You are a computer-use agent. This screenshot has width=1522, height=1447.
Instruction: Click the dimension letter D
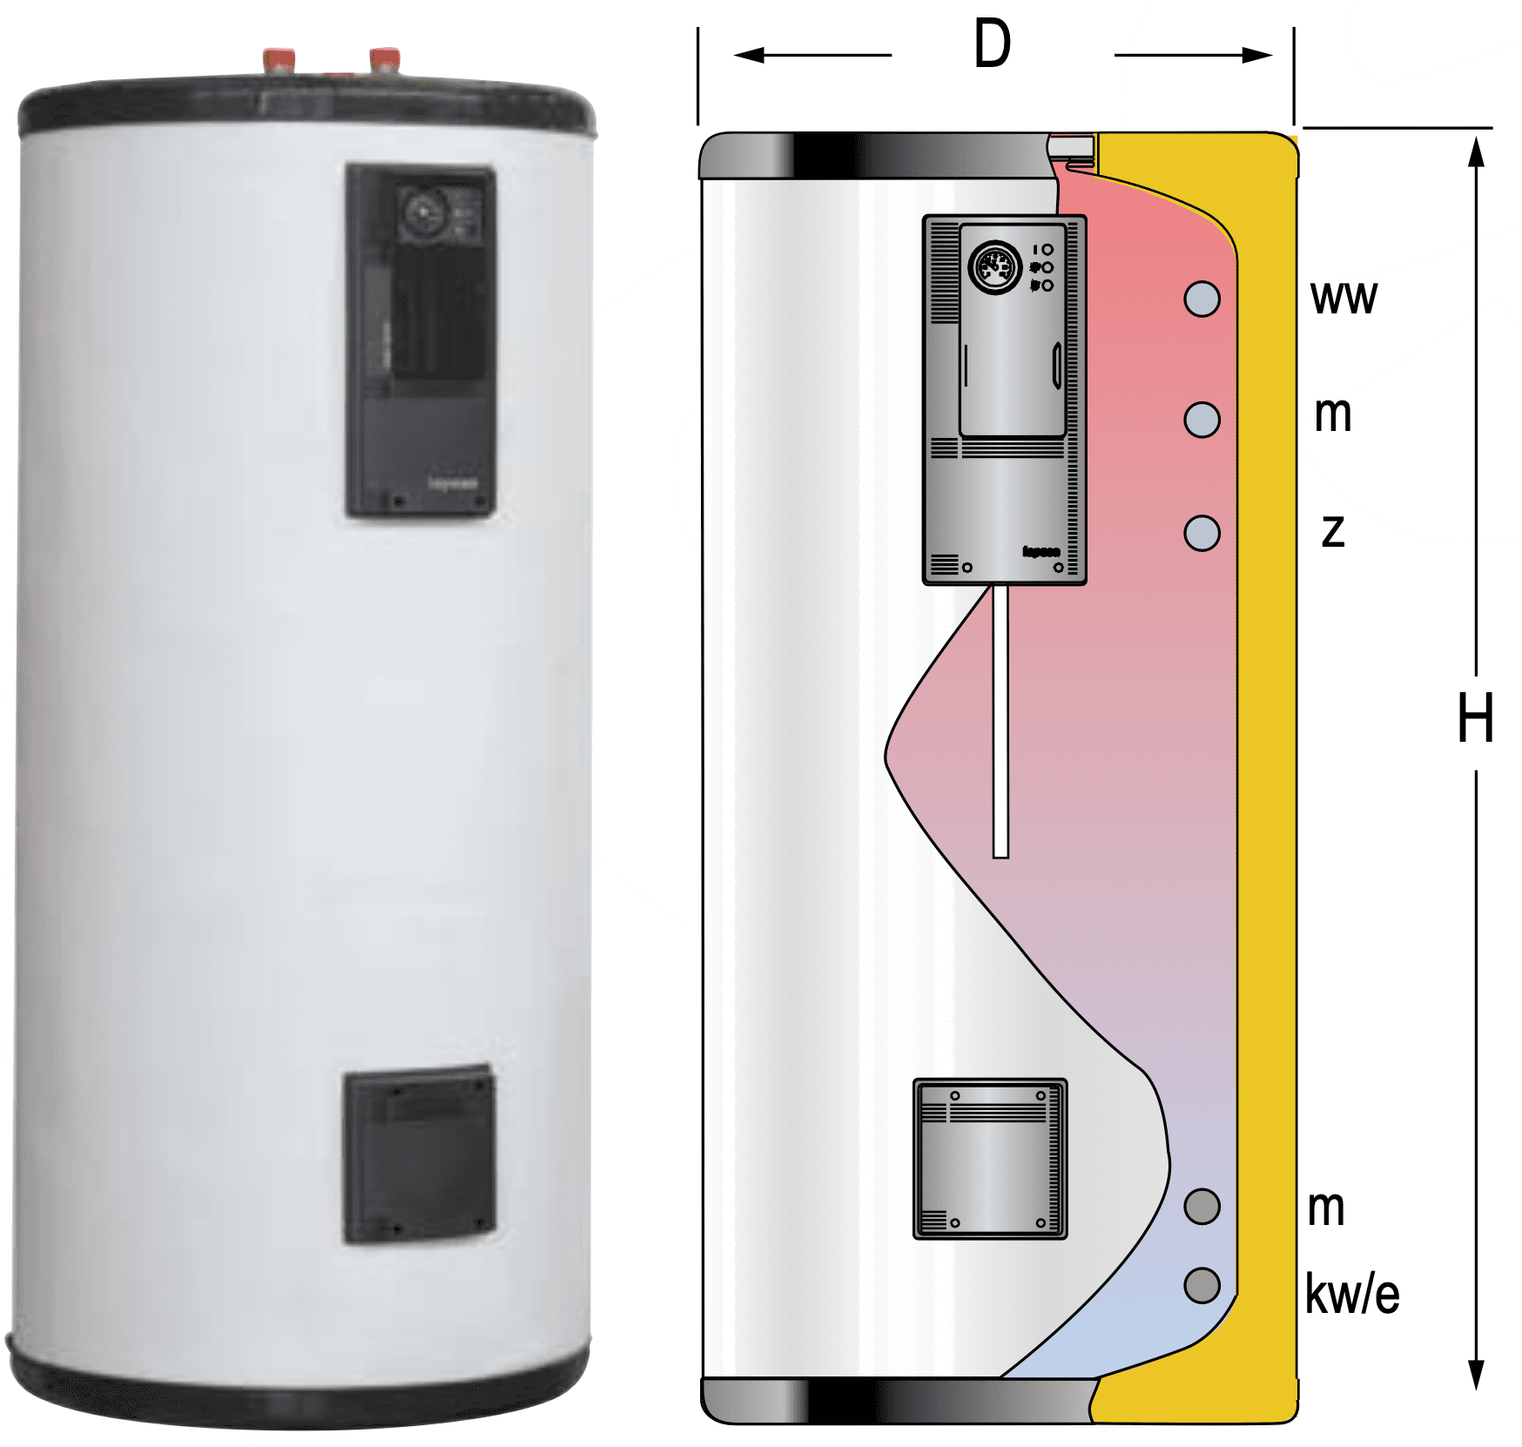pyautogui.click(x=993, y=45)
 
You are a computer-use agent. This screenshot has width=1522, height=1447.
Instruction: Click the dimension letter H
pyautogui.click(x=1475, y=719)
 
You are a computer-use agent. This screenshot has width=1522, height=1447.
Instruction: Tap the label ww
pyautogui.click(x=1344, y=299)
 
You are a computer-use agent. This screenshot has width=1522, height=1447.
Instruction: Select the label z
pyautogui.click(x=1333, y=530)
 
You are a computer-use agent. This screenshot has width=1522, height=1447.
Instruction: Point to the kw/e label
pyautogui.click(x=1351, y=1295)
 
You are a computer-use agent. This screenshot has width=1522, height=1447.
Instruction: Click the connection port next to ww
pyautogui.click(x=1202, y=299)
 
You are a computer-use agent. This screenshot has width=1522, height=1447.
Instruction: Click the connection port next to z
pyautogui.click(x=1202, y=533)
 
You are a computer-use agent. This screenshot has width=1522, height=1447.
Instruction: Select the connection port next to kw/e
pyautogui.click(x=1202, y=1285)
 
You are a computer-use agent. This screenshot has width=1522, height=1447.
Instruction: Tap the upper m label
pyautogui.click(x=1333, y=415)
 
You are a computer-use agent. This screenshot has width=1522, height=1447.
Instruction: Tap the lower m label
pyautogui.click(x=1326, y=1209)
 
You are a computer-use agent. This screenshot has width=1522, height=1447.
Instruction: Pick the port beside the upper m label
pyautogui.click(x=1202, y=420)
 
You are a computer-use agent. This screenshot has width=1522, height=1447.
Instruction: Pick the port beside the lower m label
pyautogui.click(x=1202, y=1207)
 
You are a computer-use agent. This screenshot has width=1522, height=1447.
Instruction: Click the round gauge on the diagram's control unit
pyautogui.click(x=994, y=267)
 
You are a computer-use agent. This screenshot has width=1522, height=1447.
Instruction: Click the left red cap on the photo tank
pyautogui.click(x=279, y=61)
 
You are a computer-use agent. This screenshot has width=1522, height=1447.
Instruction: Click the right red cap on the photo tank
pyautogui.click(x=384, y=61)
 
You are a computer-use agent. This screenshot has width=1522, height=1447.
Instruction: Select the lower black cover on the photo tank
pyautogui.click(x=419, y=1154)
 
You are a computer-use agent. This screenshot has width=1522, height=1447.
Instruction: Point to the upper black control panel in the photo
pyautogui.click(x=421, y=341)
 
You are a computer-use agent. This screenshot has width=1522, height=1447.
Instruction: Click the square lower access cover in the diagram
pyautogui.click(x=990, y=1159)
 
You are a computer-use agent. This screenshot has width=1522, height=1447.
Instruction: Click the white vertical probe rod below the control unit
pyautogui.click(x=1000, y=723)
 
